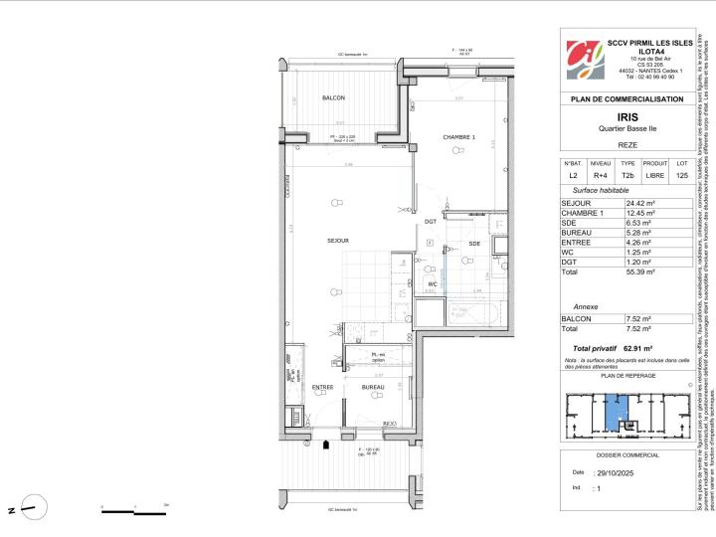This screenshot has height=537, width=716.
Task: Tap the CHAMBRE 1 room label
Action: pyautogui.click(x=459, y=137)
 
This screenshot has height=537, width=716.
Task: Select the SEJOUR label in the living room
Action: pyautogui.click(x=338, y=241)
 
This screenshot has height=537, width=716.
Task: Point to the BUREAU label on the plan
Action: pyautogui.click(x=373, y=387)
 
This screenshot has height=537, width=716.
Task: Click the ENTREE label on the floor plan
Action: pyautogui.click(x=323, y=387)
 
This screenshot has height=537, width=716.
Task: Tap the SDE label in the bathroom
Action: pyautogui.click(x=474, y=244)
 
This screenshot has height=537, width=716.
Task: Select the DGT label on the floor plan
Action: pyautogui.click(x=431, y=222)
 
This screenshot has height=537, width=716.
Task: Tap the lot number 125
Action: pyautogui.click(x=681, y=175)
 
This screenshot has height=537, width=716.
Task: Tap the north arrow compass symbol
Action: pyautogui.click(x=35, y=510)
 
